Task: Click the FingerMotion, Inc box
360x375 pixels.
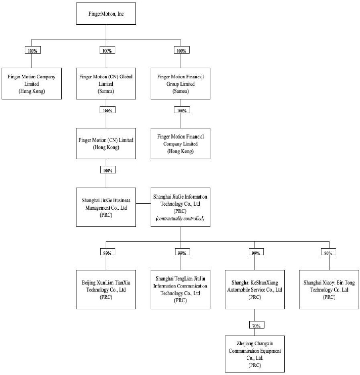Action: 106,14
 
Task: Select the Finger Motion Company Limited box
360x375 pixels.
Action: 31,83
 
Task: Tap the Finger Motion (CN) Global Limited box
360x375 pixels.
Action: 106,83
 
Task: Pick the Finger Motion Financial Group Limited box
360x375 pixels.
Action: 181,83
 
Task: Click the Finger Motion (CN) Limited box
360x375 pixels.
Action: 106,144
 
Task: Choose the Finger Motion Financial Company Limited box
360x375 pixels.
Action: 181,144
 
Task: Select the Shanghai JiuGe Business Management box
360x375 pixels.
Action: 106,207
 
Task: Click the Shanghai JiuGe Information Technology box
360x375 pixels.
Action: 181,207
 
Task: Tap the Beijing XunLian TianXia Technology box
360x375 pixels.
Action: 106,290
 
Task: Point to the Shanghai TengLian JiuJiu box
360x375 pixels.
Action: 181,290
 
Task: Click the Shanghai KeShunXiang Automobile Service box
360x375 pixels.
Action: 255,290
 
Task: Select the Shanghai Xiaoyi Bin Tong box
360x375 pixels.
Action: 329,290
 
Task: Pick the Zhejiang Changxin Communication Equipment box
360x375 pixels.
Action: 255,354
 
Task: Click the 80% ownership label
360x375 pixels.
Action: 329,252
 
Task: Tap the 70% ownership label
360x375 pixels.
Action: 257,325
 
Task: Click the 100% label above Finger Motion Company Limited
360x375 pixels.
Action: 33,50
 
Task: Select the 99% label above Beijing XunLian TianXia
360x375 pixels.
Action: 107,252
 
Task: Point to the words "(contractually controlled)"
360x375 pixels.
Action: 180,218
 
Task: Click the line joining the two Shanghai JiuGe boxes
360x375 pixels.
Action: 143,204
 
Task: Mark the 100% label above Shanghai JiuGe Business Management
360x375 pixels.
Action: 108,170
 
